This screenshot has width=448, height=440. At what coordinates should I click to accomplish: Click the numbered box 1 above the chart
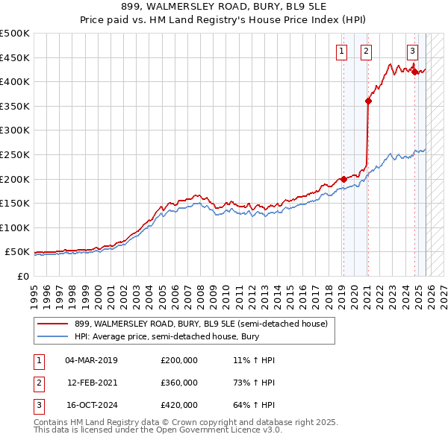[x=341, y=51]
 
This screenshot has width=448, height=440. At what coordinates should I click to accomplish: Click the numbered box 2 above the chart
[x=366, y=51]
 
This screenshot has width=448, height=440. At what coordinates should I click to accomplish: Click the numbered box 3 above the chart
[x=412, y=51]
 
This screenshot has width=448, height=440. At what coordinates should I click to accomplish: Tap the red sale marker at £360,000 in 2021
[x=368, y=101]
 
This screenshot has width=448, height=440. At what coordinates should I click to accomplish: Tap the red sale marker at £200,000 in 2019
[x=343, y=179]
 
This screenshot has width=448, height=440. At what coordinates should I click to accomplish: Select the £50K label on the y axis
[x=18, y=253]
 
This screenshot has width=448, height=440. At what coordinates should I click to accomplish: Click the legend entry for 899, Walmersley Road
[x=200, y=324]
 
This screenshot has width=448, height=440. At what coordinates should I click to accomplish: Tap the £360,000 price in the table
[x=179, y=383]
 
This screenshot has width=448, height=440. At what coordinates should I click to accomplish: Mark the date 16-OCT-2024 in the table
[x=92, y=405]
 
